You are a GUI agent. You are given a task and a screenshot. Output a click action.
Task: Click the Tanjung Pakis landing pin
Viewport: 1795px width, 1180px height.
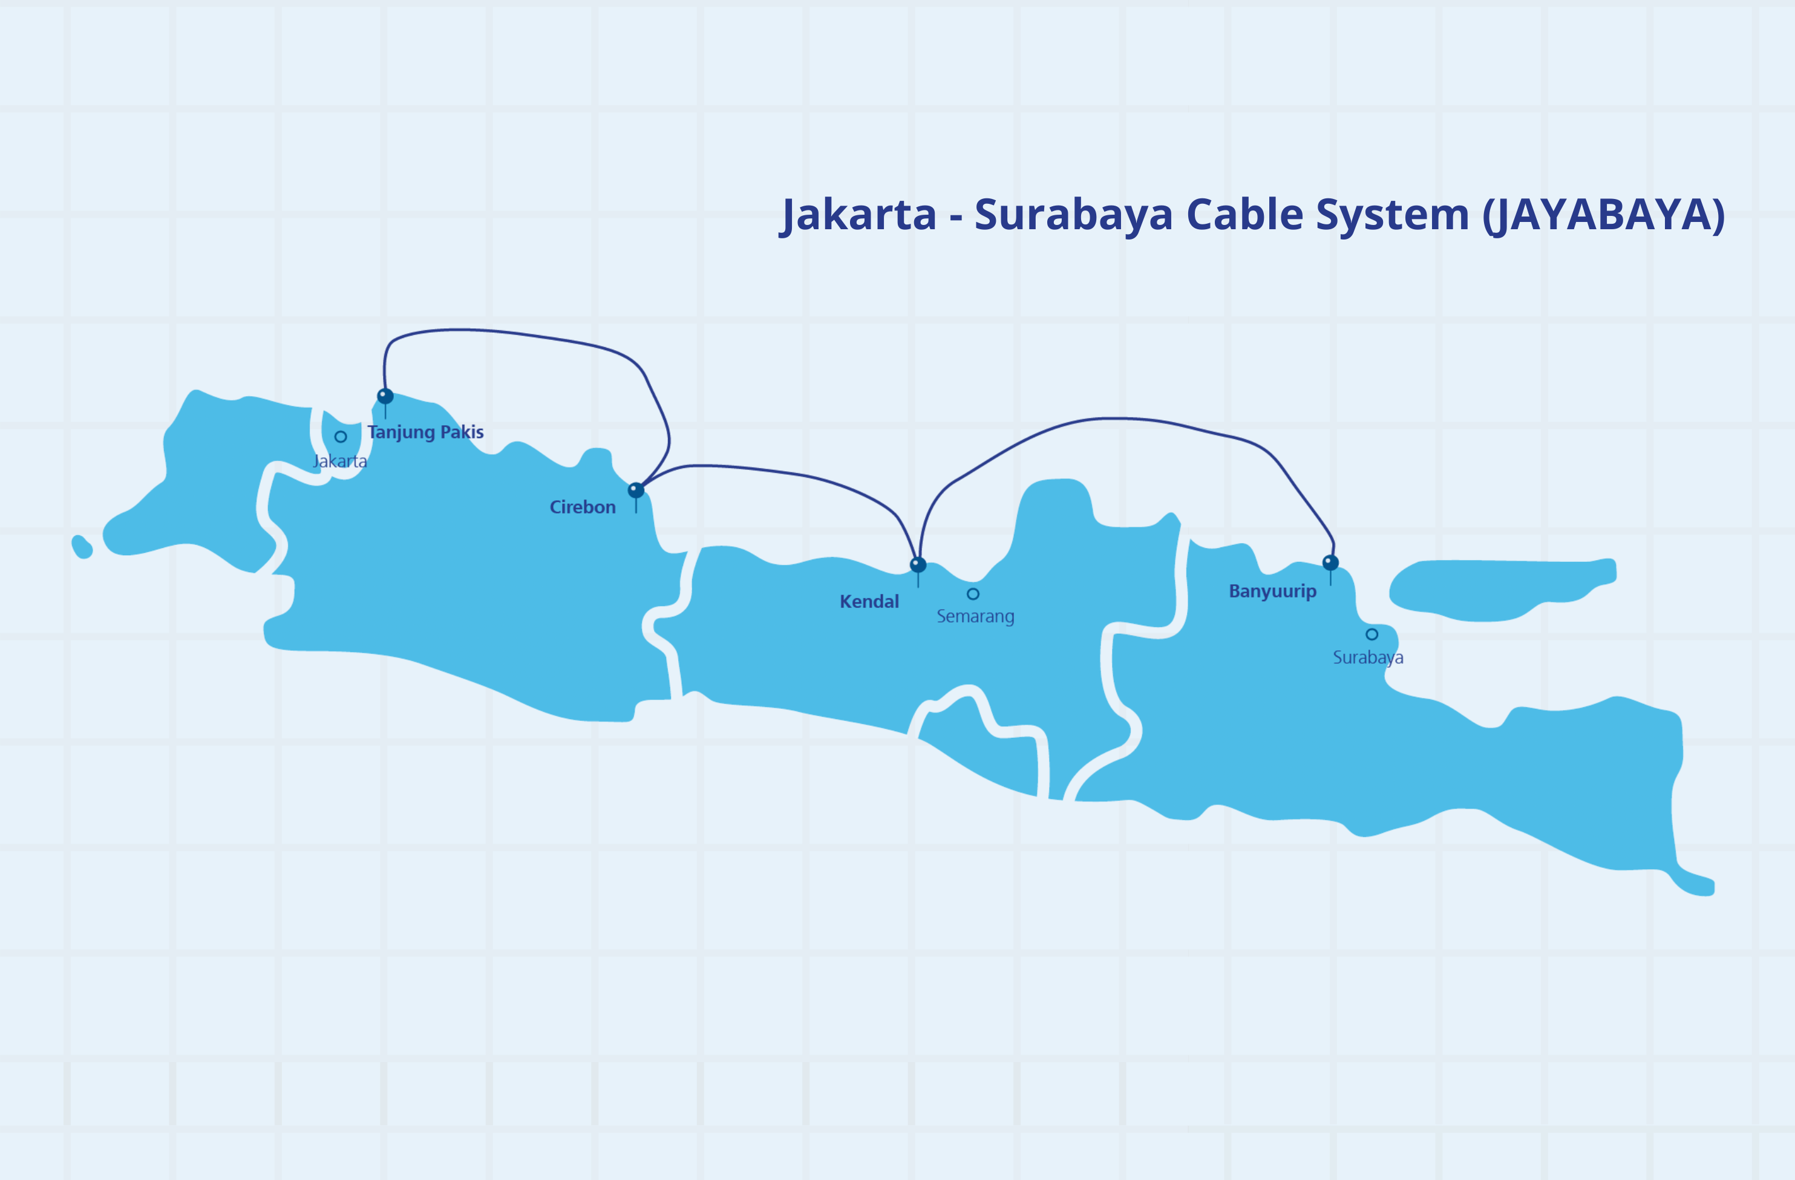coord(385,396)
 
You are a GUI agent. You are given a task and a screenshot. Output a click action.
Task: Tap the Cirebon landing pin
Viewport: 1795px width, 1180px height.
coord(636,490)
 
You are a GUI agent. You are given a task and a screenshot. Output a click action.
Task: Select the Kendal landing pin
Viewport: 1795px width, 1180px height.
coord(918,564)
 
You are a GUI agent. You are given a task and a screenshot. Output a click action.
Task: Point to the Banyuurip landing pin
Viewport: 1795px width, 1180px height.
coord(1330,562)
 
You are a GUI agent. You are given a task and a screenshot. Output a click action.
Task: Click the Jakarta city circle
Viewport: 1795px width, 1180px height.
coord(341,437)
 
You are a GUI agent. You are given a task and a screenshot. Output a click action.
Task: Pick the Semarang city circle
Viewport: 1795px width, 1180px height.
coord(973,594)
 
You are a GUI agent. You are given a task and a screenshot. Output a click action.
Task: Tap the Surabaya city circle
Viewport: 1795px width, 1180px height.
coord(1372,634)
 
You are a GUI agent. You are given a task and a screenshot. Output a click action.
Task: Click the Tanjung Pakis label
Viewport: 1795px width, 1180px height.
coord(425,432)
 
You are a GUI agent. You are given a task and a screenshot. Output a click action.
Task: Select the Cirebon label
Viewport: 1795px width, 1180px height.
coord(582,507)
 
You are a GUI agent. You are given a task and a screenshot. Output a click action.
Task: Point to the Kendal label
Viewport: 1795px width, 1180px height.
coord(869,602)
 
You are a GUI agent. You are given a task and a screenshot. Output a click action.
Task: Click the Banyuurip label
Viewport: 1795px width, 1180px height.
coord(1272,591)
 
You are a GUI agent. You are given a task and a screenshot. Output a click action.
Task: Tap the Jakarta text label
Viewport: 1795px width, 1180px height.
coord(340,461)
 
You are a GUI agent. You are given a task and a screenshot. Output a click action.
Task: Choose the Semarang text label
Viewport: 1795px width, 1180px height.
coord(975,616)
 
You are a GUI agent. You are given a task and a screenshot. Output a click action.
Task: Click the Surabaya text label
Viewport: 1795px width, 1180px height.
coord(1367,657)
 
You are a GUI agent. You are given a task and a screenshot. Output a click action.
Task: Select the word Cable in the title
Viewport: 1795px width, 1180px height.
coord(1244,215)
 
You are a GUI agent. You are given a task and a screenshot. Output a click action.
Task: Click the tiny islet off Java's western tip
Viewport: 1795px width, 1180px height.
coord(82,547)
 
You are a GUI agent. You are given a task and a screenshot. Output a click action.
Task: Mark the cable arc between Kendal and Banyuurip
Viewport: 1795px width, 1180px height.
coord(1116,419)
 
